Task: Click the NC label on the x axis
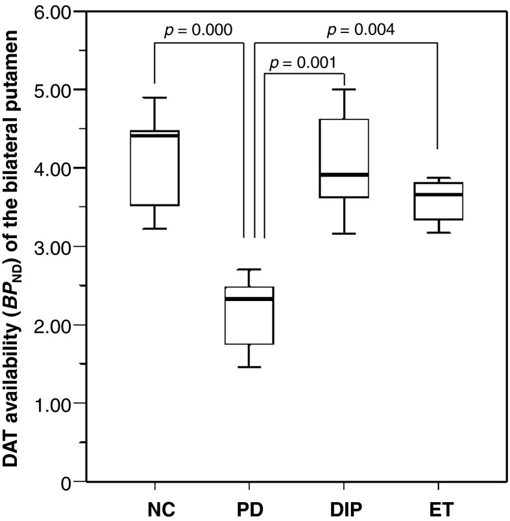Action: pyautogui.click(x=154, y=506)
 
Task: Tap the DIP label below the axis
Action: pyautogui.click(x=344, y=506)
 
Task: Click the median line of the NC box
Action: pyautogui.click(x=154, y=135)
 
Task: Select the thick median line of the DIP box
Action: pyautogui.click(x=344, y=175)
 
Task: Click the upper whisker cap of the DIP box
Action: pyautogui.click(x=344, y=90)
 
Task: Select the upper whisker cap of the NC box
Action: pyautogui.click(x=154, y=98)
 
